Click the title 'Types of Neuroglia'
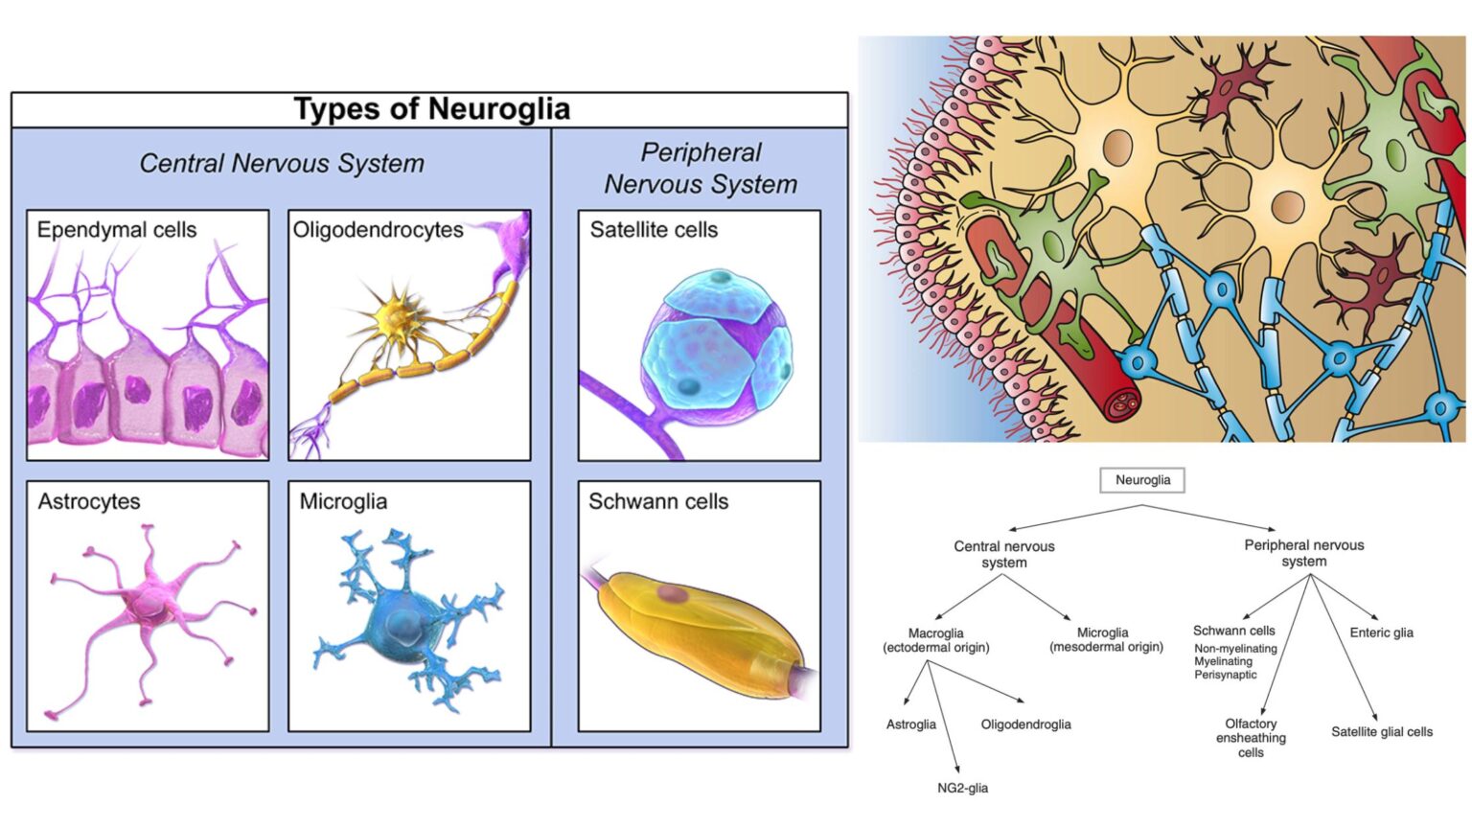[431, 109]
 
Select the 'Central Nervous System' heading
[282, 164]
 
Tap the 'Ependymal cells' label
[117, 230]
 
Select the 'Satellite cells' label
[654, 230]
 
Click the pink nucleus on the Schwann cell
[673, 595]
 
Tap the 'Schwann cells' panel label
[658, 502]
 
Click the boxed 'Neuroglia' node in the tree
[1142, 480]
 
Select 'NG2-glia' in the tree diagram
[962, 789]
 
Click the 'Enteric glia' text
[1381, 632]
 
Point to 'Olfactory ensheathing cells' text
[1251, 738]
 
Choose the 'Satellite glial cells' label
[1381, 732]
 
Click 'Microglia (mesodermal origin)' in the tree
[1105, 640]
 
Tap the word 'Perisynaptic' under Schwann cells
[1225, 675]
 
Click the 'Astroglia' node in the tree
[910, 724]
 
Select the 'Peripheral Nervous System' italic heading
[701, 169]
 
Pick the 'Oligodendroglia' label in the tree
[1025, 724]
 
